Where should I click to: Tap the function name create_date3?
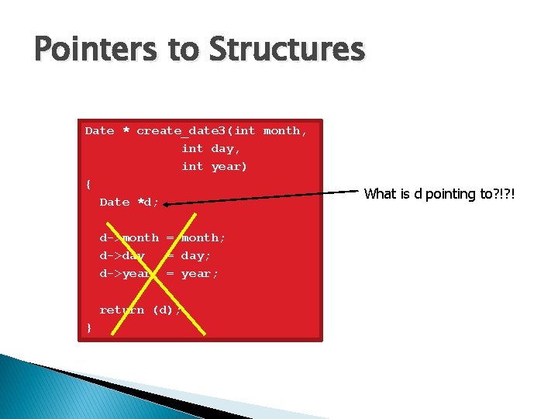point(185,131)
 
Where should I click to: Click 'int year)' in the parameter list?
point(214,166)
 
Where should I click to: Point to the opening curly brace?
point(89,184)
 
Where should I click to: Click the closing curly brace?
point(89,327)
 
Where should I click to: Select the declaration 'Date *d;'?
point(129,202)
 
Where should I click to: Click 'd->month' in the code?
point(129,237)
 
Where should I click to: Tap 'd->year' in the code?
point(126,273)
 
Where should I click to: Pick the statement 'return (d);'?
point(140,310)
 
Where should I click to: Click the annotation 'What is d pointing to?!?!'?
point(439,194)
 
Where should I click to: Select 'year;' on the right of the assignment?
point(200,273)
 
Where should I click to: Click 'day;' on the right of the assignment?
point(196,255)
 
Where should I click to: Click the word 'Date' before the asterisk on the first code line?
point(99,131)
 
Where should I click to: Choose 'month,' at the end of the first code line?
point(285,131)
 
